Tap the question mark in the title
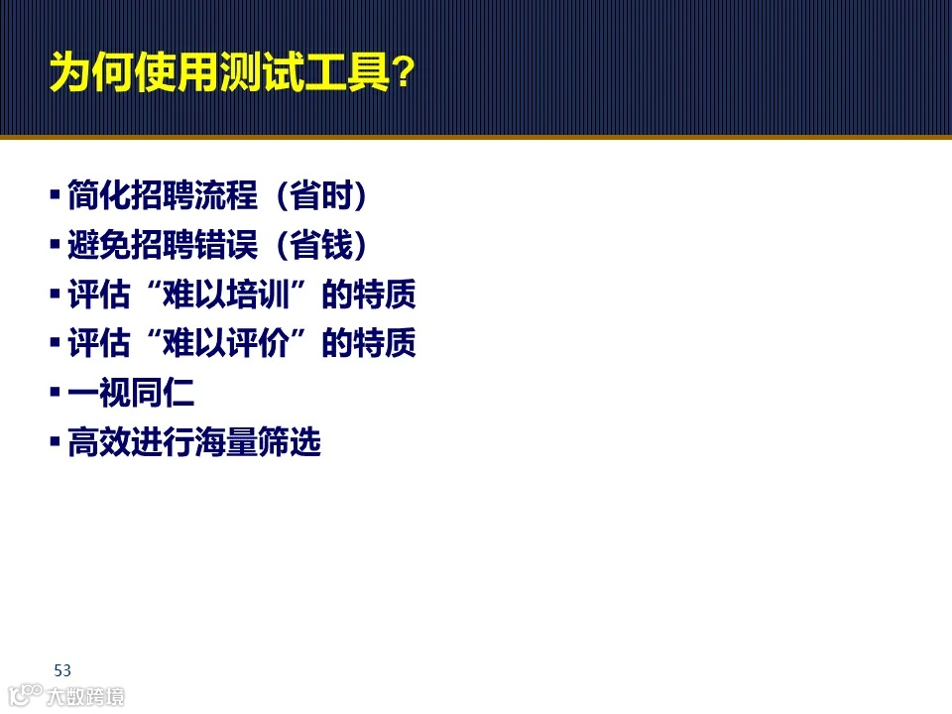tap(402, 73)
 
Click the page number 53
tap(63, 668)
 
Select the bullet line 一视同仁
tap(131, 394)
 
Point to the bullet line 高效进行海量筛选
tap(194, 443)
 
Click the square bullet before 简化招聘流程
tap(56, 193)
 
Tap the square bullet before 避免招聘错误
tap(56, 243)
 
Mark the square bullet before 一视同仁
tap(56, 392)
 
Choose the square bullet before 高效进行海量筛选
tap(56, 441)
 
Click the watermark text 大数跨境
tap(86, 696)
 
